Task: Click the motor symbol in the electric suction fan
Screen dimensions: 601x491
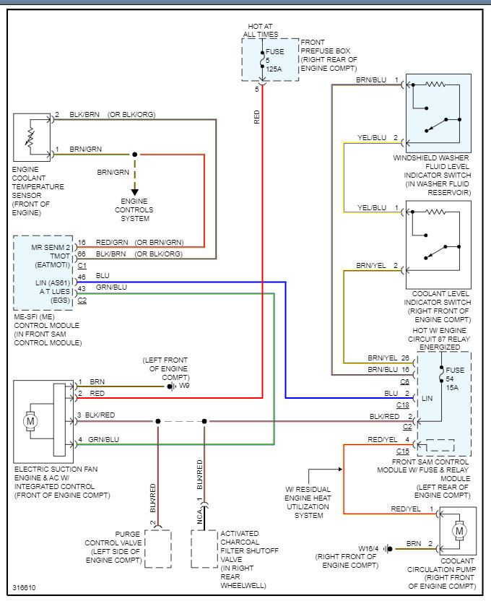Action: (x=30, y=419)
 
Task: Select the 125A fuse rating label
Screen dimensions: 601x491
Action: (x=274, y=69)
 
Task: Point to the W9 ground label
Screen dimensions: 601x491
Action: (x=184, y=386)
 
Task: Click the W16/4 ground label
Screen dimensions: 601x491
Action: (x=369, y=548)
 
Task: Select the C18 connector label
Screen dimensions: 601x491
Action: (x=404, y=405)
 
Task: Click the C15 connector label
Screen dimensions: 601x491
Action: (x=403, y=451)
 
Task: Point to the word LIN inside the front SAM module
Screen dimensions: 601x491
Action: (x=427, y=399)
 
